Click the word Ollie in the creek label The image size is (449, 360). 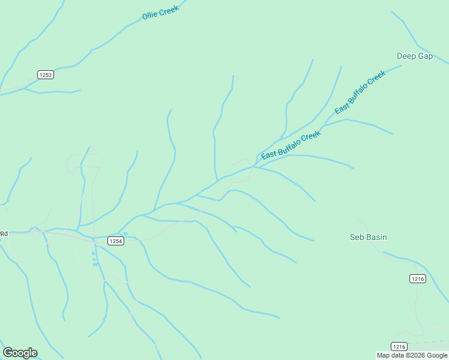click(x=149, y=15)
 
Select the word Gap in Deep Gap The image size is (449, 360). click(x=425, y=56)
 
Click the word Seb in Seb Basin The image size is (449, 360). click(x=357, y=237)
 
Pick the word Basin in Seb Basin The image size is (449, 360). click(x=376, y=237)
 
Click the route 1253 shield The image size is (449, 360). click(x=45, y=74)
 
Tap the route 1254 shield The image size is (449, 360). click(x=116, y=241)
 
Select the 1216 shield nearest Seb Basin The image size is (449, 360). click(x=418, y=278)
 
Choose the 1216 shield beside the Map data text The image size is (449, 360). click(x=399, y=346)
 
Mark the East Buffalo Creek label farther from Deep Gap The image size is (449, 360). click(x=291, y=145)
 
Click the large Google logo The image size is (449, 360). click(x=20, y=353)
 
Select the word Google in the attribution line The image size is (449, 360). click(x=438, y=355)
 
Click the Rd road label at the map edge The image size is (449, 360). click(x=4, y=233)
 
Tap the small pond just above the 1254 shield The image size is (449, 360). click(x=125, y=233)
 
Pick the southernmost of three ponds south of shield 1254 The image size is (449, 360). click(x=95, y=264)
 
